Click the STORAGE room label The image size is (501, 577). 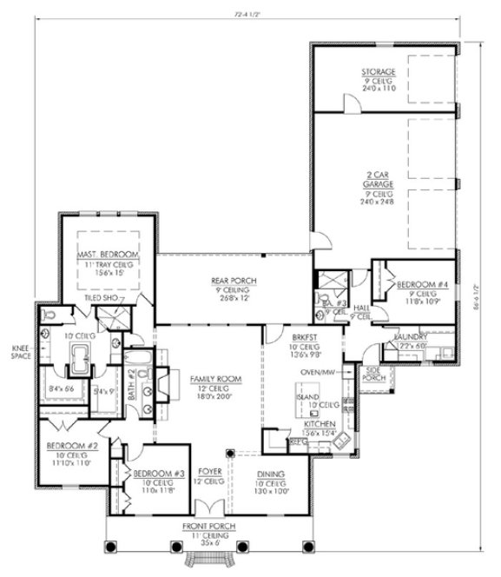[379, 71]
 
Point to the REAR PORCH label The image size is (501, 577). [232, 280]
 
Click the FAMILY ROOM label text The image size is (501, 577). [212, 380]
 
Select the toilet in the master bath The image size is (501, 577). [50, 311]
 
